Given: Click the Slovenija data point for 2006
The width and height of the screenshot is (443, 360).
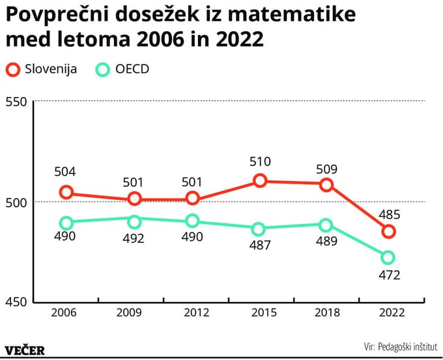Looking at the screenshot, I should [x=66, y=192].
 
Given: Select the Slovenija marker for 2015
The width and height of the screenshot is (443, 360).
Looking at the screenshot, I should [x=259, y=180].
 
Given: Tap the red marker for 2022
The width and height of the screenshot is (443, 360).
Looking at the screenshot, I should [x=388, y=231].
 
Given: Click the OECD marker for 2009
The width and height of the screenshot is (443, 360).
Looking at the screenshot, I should [x=134, y=221].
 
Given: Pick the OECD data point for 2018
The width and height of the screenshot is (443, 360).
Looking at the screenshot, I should [x=326, y=225].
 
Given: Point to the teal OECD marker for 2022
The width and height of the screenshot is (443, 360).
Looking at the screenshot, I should [x=388, y=257].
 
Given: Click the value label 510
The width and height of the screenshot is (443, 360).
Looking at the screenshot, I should [x=259, y=161].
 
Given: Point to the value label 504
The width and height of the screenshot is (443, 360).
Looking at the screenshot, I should [x=65, y=173].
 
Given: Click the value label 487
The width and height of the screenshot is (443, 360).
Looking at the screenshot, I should [x=259, y=246].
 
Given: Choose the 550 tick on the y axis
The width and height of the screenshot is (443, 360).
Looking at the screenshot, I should [x=16, y=102].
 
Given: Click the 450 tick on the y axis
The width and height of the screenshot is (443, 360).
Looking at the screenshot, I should [x=16, y=302].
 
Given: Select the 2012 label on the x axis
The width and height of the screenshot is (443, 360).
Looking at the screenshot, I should [x=196, y=312].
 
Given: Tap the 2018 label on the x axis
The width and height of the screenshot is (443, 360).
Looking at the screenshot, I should [x=326, y=312].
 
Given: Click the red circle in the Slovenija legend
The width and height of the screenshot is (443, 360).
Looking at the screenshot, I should [x=13, y=70].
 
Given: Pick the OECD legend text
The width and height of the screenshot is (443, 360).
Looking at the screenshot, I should [x=132, y=70].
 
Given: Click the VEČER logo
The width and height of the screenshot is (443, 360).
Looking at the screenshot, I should [x=25, y=350].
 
